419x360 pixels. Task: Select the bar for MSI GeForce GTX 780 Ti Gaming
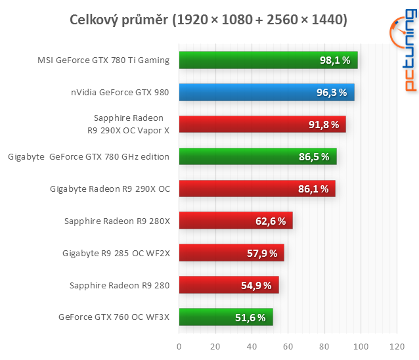click(268, 60)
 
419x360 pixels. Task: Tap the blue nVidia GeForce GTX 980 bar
click(266, 93)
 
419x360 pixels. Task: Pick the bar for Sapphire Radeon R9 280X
click(235, 221)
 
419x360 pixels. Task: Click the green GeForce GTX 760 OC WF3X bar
click(225, 318)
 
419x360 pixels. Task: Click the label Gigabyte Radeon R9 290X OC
click(110, 189)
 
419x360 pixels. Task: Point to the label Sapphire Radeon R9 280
click(120, 285)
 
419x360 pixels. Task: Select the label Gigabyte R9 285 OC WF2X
click(116, 253)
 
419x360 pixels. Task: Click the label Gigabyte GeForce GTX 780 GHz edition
click(89, 157)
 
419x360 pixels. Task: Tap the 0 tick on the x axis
click(179, 346)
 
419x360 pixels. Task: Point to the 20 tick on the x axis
click(215, 346)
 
